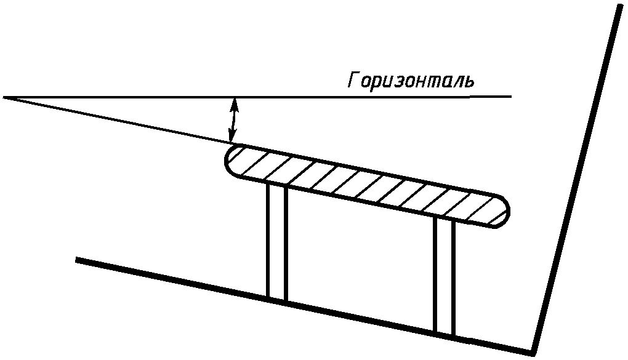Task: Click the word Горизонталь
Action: click(x=411, y=81)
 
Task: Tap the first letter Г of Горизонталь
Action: click(x=353, y=81)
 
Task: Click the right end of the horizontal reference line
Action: click(x=510, y=97)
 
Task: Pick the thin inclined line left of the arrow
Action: click(x=117, y=121)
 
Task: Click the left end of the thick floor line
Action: click(x=78, y=260)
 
